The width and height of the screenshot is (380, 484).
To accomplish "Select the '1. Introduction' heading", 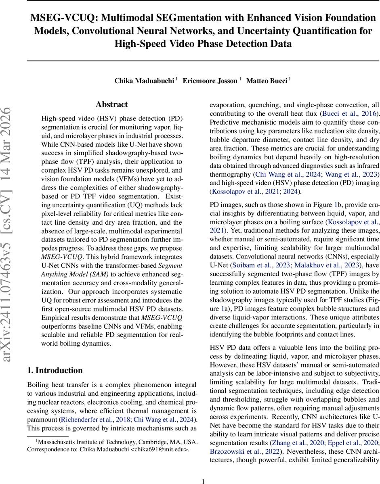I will tap(55, 370).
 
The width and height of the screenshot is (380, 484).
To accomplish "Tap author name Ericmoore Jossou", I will tap(210, 81).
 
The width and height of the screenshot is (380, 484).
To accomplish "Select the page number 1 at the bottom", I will tap(203, 470).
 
